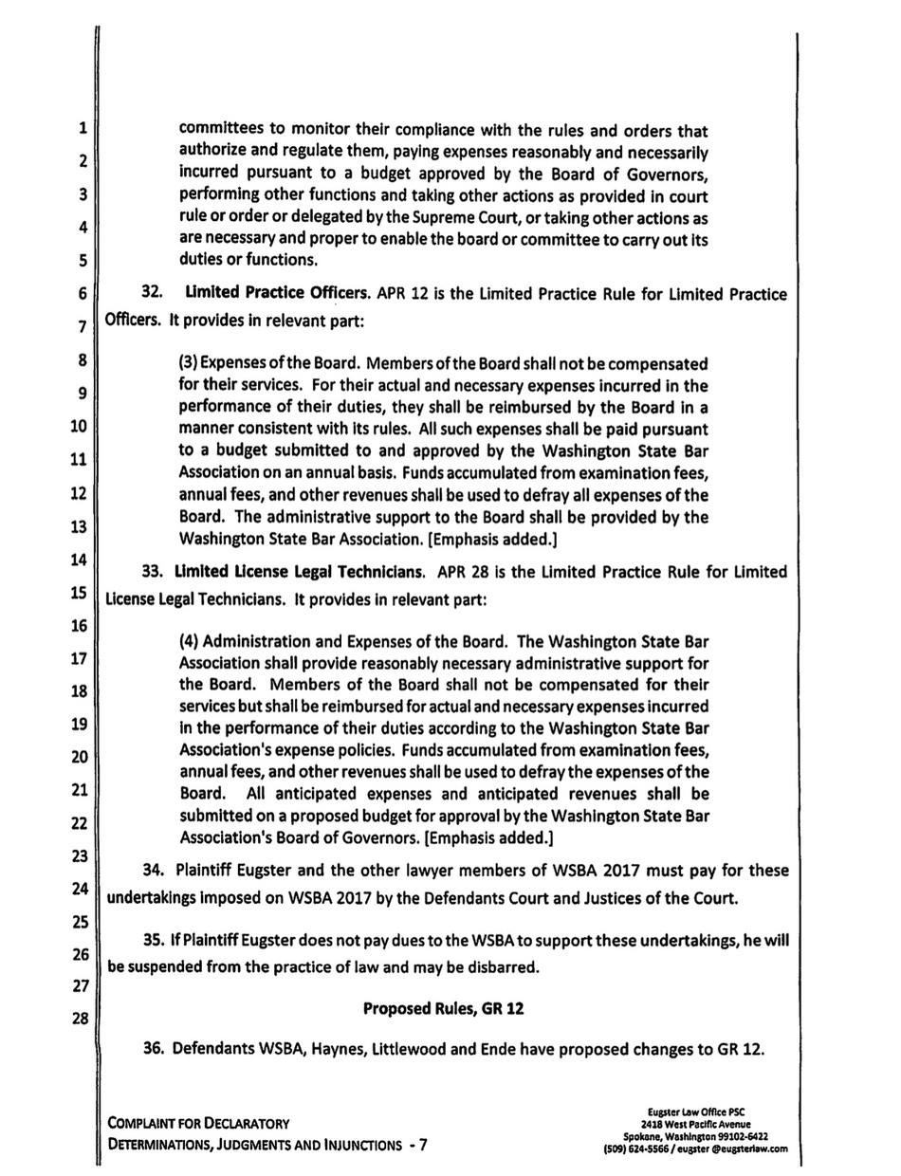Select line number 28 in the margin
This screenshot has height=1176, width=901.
coord(80,1020)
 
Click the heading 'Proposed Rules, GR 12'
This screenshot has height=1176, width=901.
coord(444,1010)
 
